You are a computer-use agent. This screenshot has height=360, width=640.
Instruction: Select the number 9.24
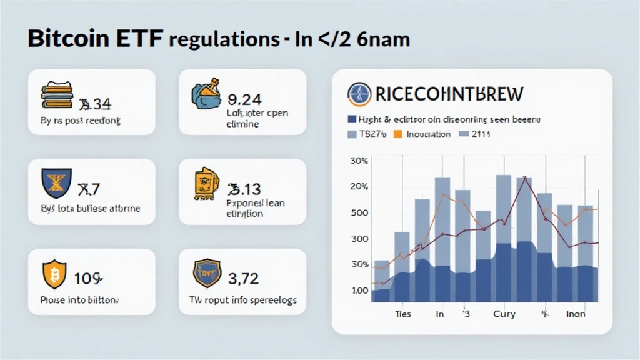(x=245, y=98)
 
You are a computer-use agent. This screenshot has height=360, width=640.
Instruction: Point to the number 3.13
(x=244, y=188)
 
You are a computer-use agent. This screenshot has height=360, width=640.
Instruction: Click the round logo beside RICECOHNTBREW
(x=359, y=94)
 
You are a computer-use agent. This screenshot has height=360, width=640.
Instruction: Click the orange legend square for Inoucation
(x=397, y=134)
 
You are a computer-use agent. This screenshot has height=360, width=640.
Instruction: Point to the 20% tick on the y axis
(x=360, y=187)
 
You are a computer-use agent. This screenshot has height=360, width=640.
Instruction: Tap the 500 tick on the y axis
(x=360, y=212)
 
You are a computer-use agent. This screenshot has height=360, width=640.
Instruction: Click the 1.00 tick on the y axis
(x=360, y=291)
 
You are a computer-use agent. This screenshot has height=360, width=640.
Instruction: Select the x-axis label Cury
(x=504, y=314)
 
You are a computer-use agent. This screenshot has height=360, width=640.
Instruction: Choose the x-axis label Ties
(x=403, y=314)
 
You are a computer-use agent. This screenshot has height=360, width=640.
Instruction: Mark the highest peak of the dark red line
(x=525, y=178)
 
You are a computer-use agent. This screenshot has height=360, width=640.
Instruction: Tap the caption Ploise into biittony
(x=79, y=300)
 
